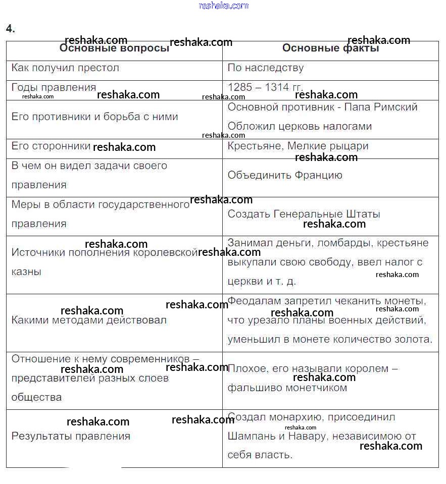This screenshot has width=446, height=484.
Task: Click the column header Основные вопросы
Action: pyautogui.click(x=114, y=48)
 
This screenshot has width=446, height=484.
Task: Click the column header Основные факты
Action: pyautogui.click(x=330, y=48)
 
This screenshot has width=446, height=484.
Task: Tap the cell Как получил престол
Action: pyautogui.click(x=65, y=68)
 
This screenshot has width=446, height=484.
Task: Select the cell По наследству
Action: pyautogui.click(x=266, y=68)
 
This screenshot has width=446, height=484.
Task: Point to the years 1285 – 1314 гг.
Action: pyautogui.click(x=265, y=87)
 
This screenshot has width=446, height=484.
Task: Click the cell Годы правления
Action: pyautogui.click(x=54, y=87)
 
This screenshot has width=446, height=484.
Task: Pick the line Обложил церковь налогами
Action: pyautogui.click(x=300, y=126)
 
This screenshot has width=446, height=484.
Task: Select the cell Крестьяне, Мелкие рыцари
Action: pyautogui.click(x=298, y=146)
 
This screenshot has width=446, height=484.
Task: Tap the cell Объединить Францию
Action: pyautogui.click(x=285, y=175)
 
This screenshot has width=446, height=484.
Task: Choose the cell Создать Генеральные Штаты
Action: pyautogui.click(x=304, y=214)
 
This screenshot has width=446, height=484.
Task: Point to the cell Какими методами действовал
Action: pyautogui.click(x=89, y=320)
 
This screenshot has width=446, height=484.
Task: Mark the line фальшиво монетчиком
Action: pyautogui.click(x=287, y=388)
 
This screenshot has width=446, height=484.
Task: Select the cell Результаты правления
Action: pyautogui.click(x=71, y=436)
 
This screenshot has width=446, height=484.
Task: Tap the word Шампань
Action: pyautogui.click(x=249, y=436)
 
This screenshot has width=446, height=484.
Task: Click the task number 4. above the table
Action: pyautogui.click(x=11, y=29)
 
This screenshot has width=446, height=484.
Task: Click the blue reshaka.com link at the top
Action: pyautogui.click(x=224, y=6)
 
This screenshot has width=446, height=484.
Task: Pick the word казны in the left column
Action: pyautogui.click(x=26, y=272)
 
